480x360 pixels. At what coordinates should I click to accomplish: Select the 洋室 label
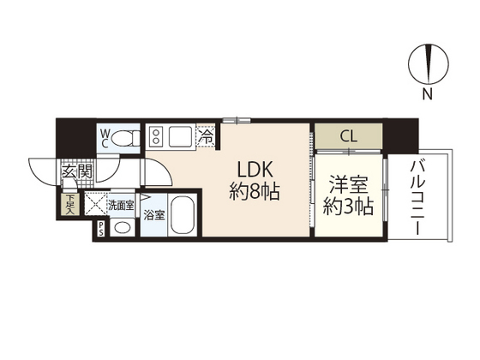tap(344, 184)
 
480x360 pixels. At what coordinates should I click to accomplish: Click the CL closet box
tap(348, 135)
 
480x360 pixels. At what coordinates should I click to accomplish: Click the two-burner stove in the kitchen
tap(157, 135)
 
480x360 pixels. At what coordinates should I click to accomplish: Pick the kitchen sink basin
tap(182, 135)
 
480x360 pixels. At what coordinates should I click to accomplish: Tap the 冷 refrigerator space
tap(207, 135)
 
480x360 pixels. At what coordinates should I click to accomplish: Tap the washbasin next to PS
tap(123, 227)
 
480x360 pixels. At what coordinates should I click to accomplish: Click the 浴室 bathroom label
tap(153, 214)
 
